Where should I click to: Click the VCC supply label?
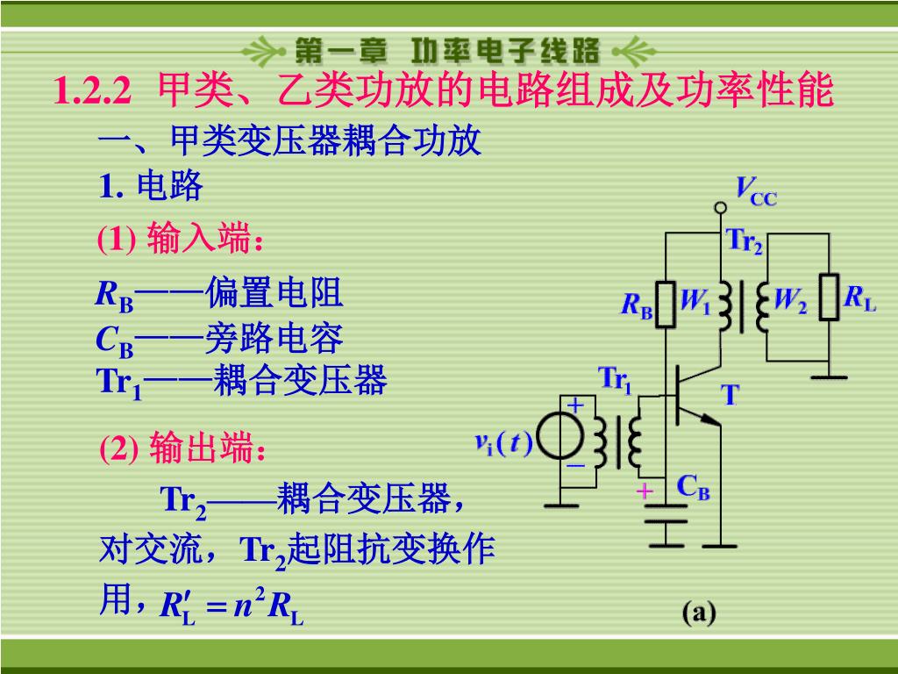coord(755,190)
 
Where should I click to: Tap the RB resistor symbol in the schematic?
coord(667,305)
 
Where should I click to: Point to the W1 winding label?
coord(695,303)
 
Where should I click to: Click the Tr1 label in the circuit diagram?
coord(615,381)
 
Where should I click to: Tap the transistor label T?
coord(731,396)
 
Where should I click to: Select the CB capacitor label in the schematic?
coord(693,488)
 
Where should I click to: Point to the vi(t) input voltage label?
coord(503,444)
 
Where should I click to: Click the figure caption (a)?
coord(700,613)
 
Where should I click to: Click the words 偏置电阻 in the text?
coord(274,294)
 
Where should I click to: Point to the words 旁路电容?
coord(274,338)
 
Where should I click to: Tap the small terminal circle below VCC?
coord(720,208)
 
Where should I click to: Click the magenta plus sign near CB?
coord(645,491)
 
